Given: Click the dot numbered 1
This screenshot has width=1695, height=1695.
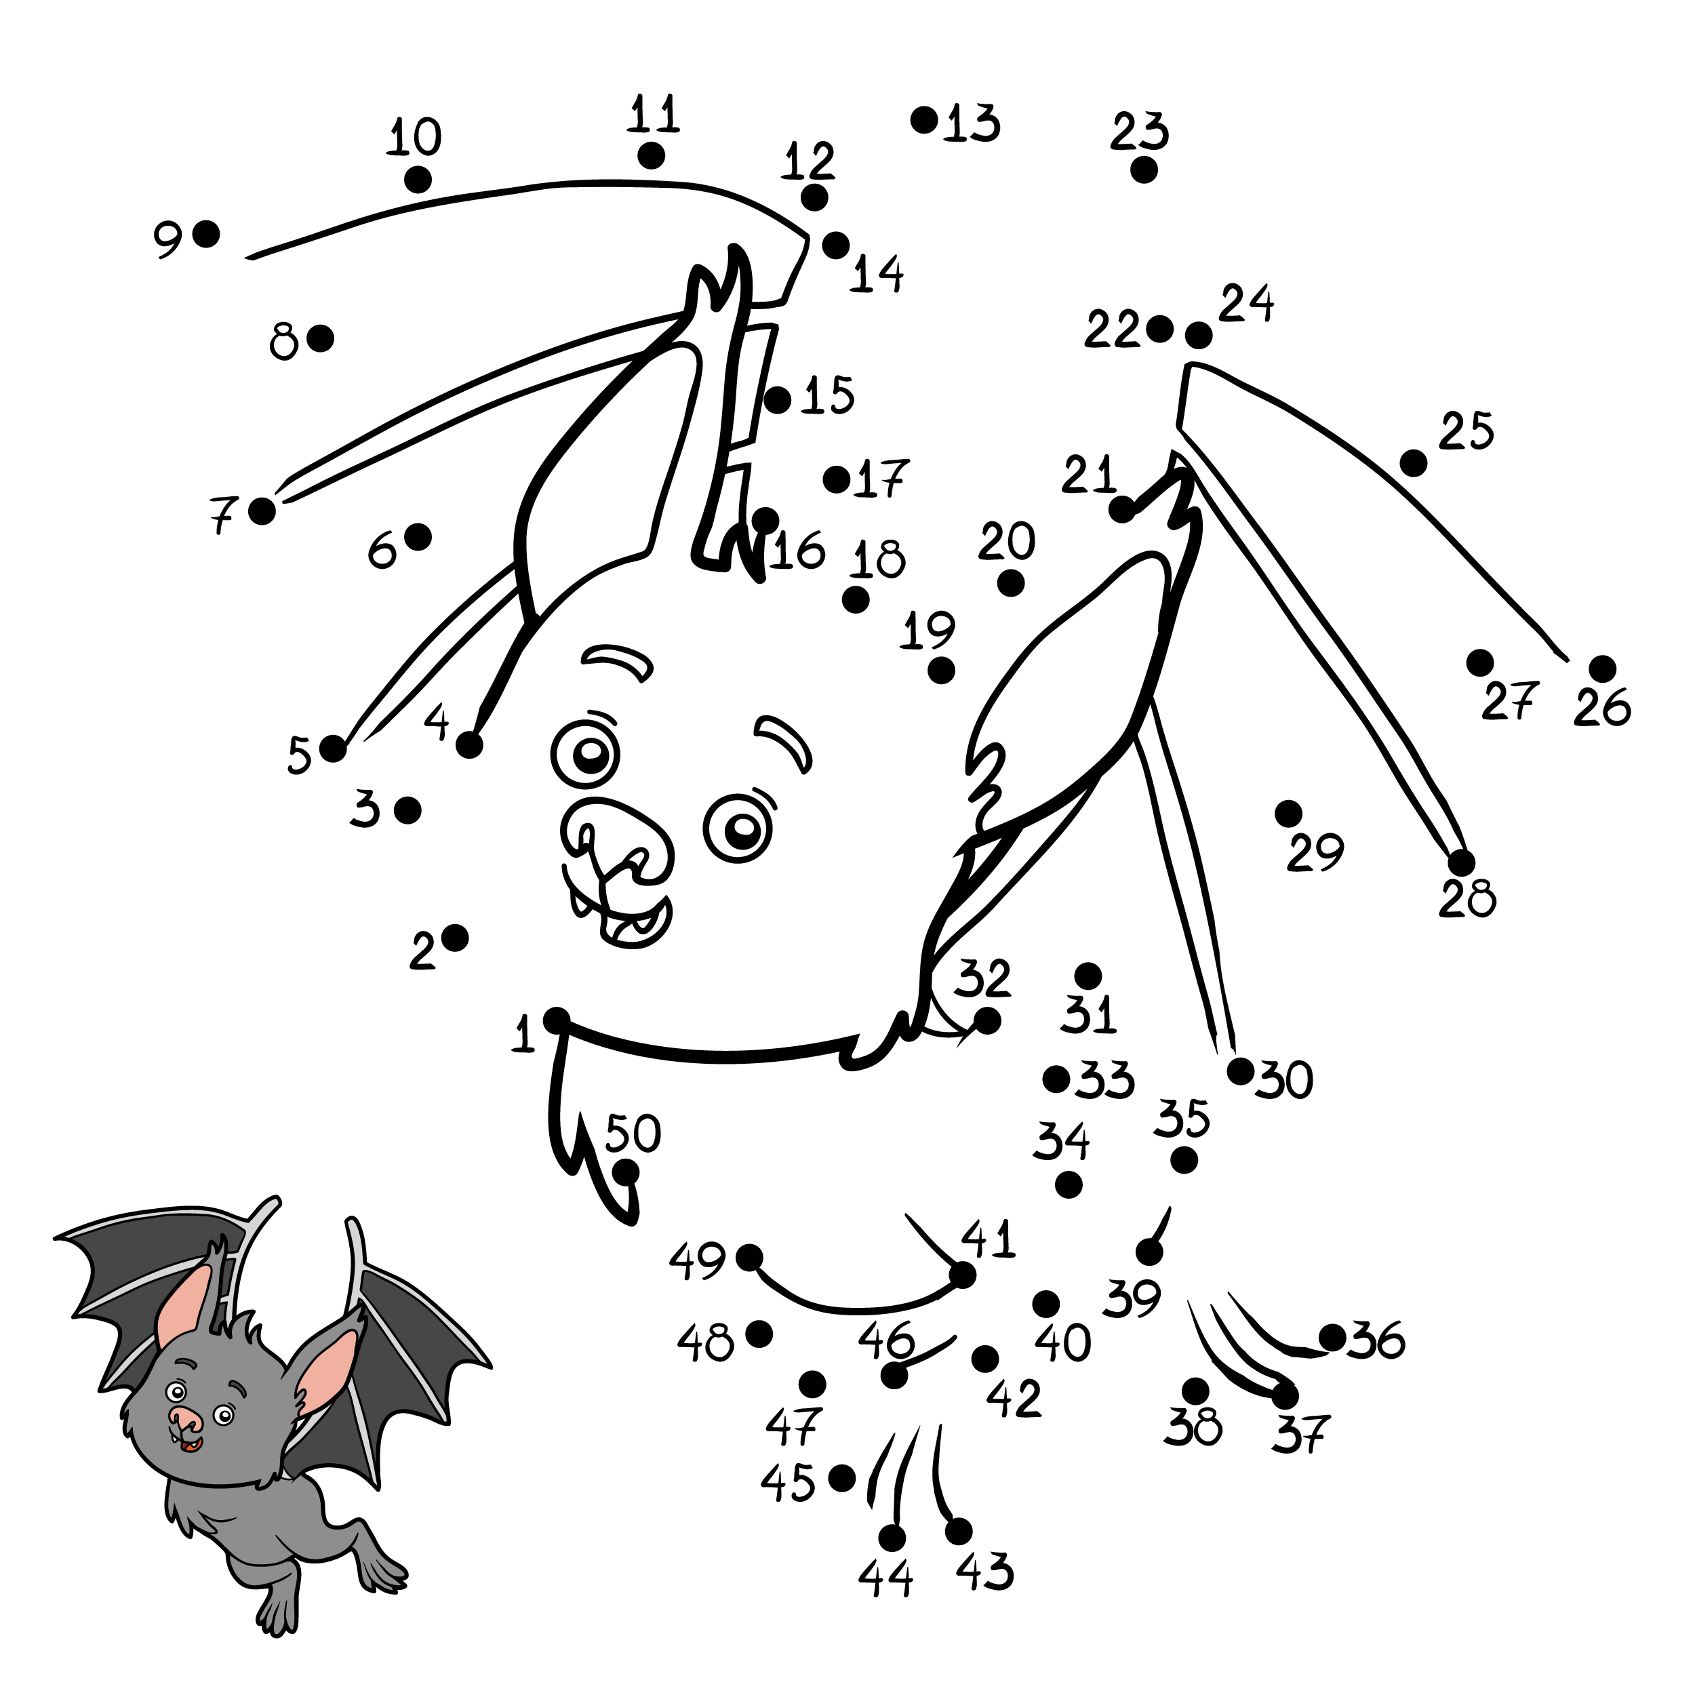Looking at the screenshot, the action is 556,1020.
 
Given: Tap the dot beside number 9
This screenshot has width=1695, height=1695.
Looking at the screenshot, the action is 206,234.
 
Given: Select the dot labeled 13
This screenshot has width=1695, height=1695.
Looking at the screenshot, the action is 924,119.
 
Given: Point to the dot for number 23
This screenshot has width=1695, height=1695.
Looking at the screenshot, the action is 1143,169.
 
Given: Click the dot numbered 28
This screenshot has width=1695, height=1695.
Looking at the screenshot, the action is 1461,862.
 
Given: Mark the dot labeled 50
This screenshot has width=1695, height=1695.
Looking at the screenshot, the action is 626,1171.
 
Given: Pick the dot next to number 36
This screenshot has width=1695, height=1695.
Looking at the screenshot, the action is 1332,1338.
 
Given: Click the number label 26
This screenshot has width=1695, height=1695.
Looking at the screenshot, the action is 1602,707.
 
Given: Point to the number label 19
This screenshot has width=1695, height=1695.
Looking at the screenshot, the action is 928,631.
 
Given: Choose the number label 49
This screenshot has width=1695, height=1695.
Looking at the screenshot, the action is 698,1262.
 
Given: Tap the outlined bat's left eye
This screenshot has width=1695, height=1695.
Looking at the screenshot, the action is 586,752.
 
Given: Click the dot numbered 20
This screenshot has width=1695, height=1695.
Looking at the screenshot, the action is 1011,582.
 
